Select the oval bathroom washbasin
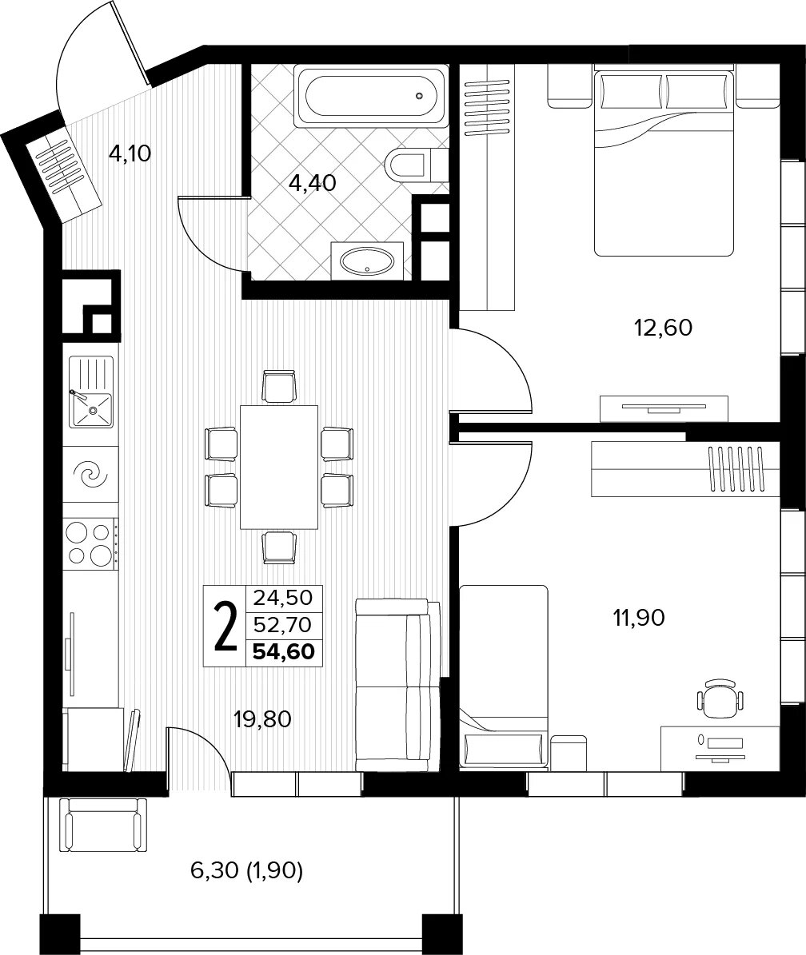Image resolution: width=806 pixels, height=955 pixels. (366, 261)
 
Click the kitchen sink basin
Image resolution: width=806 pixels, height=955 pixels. (92, 411)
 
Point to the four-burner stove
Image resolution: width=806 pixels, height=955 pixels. (91, 542)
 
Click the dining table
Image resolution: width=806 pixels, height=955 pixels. (280, 468)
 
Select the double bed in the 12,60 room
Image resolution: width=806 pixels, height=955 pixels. (664, 161)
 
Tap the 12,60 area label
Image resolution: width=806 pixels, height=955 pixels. (664, 328)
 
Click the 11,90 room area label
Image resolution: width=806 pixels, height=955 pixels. (638, 619)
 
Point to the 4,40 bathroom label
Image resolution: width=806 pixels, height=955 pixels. (313, 182)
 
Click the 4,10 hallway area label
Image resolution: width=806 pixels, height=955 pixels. (130, 153)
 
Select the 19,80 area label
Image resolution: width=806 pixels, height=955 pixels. (262, 720)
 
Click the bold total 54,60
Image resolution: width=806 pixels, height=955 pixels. (283, 651)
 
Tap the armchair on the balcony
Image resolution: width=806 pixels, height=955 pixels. (104, 826)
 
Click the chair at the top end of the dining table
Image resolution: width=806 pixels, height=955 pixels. (280, 386)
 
